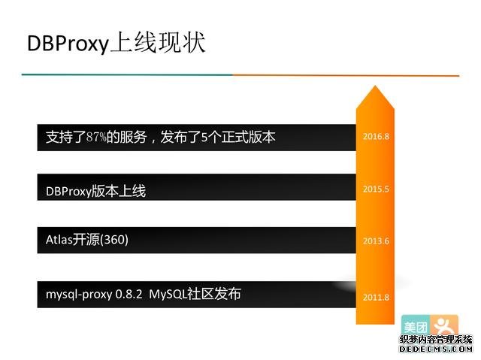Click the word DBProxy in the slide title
coord(68,43)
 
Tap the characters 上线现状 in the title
coord(157,42)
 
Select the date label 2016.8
coord(376,137)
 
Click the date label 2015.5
coord(376,189)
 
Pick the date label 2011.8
coord(376,298)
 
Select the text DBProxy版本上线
coord(95,191)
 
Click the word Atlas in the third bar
coord(59,240)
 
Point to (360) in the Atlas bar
coord(114,240)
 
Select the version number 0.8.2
coord(129,294)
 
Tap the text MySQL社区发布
coord(195,294)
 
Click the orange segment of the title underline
coord(346,75)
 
